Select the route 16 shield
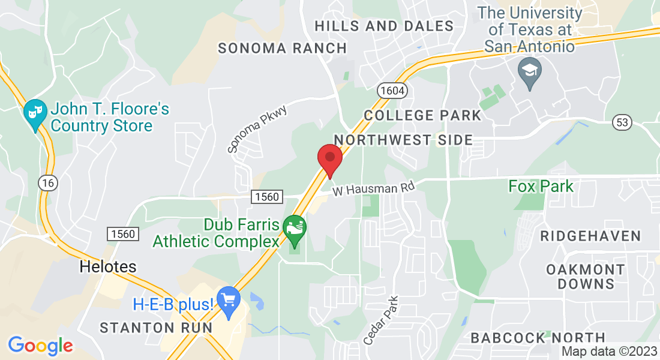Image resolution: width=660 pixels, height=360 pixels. coord(47,182)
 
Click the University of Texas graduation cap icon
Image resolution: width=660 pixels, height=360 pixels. coord(530,74)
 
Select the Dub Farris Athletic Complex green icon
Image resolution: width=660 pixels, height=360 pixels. coord(295,230)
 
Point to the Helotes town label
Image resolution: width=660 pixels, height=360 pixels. coord(108,266)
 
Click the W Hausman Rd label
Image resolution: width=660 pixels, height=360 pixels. coord(374,189)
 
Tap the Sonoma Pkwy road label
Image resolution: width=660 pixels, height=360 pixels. coord(257,128)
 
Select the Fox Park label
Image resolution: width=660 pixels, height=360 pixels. coord(541,186)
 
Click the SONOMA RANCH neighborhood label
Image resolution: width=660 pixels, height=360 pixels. coord(282,48)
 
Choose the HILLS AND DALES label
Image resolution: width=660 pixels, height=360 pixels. coord(384,26)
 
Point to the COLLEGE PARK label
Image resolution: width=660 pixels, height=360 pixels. coord(422,115)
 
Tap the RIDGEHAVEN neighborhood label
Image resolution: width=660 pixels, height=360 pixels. coord(590,236)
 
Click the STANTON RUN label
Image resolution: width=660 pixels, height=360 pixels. coord(156,328)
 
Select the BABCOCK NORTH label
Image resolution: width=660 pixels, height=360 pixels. coord(538,338)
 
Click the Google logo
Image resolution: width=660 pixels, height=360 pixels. coord(40,346)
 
